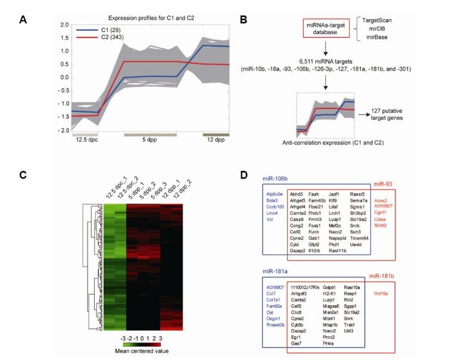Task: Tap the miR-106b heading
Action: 276,177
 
